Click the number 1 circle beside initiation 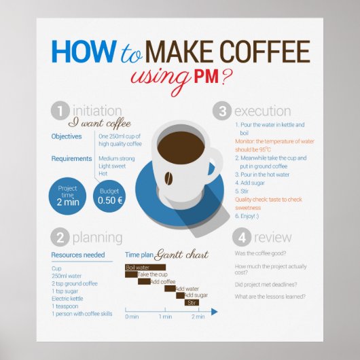click(60, 111)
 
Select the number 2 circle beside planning click(60, 237)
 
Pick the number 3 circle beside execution click(221, 111)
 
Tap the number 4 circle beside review click(242, 237)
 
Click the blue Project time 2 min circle click(68, 196)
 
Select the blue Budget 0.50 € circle click(109, 196)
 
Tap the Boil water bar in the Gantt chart click(137, 268)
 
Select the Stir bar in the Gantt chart click(192, 302)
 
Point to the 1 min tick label click(165, 317)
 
